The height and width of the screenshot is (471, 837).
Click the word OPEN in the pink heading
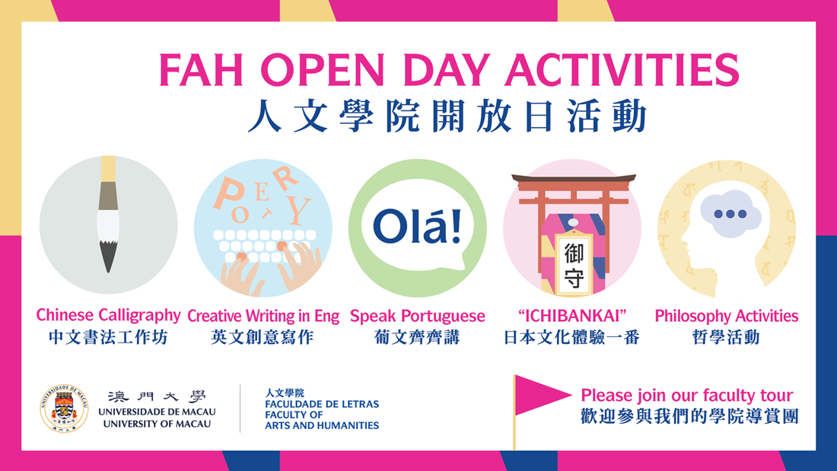coord(323,70)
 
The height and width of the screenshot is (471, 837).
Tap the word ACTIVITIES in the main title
coord(622,70)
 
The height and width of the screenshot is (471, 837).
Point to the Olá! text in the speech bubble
coord(417,226)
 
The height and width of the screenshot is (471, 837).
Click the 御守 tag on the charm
coord(574,263)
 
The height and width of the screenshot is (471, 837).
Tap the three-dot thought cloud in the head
coord(730,214)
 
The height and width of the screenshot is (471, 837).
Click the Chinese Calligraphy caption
coord(108,315)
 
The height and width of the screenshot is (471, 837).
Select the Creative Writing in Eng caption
coord(263,316)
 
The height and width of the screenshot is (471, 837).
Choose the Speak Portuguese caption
coord(418,316)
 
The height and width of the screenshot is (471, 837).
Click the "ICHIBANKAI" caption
coord(571,316)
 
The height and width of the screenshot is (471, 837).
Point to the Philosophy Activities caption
coord(727,316)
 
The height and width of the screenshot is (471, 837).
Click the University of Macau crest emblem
coord(64,409)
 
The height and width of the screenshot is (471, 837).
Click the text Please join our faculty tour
coord(687,395)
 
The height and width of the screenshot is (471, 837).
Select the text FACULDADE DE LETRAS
coord(322,404)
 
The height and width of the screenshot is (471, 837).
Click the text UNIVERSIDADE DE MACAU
coord(157,412)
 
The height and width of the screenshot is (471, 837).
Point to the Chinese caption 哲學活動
coord(726,338)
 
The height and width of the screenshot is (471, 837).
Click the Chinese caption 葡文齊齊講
coord(417,338)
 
